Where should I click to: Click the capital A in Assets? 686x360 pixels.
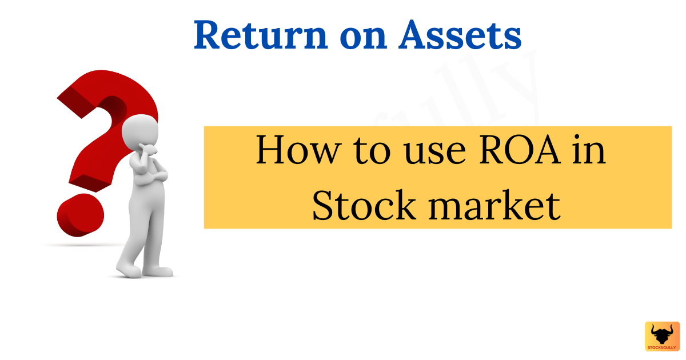point(416,35)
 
